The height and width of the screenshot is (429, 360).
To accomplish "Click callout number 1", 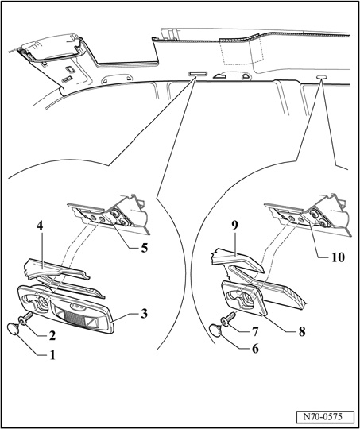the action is click(52, 355).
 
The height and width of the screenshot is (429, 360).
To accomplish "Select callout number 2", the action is click(52, 336).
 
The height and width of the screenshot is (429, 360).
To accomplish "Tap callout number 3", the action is click(144, 313).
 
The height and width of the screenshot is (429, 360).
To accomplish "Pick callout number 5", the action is click(144, 248).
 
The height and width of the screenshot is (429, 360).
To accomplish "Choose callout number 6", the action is click(255, 349).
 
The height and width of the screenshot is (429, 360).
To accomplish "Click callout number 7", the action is click(254, 332).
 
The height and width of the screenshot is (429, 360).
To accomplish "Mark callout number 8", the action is click(301, 331).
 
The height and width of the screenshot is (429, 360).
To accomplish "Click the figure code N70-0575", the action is click(322, 417).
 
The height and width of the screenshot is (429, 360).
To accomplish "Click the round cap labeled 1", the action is click(14, 329).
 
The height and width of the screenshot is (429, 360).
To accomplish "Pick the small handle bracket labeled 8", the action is click(243, 297).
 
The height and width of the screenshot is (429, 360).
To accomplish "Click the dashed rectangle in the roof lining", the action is click(243, 52).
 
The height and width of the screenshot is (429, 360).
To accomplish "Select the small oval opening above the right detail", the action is click(322, 77).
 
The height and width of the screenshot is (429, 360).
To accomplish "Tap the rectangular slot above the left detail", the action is click(197, 74).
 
